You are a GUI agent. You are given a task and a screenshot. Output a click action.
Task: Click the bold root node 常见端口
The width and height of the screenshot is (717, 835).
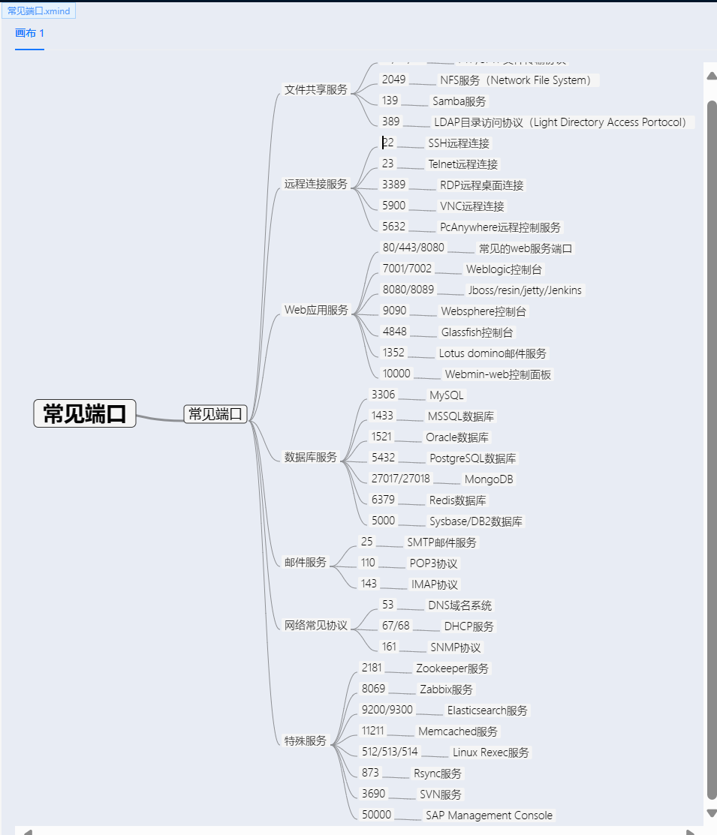click(x=85, y=413)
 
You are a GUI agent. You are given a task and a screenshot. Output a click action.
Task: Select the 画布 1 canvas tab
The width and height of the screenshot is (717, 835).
click(x=29, y=33)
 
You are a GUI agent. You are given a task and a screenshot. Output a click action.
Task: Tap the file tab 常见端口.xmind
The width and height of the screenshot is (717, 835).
click(x=39, y=11)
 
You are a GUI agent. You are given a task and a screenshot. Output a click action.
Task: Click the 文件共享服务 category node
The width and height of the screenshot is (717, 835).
click(x=316, y=89)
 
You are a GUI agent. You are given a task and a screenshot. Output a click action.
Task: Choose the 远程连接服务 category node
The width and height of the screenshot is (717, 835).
click(x=316, y=184)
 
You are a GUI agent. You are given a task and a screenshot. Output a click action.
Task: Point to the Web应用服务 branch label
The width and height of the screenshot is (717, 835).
click(x=316, y=310)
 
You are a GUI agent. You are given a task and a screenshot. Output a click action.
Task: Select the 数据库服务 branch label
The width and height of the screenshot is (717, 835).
click(x=311, y=457)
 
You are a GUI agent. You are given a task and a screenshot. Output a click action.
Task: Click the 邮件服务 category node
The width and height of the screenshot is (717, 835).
click(x=306, y=562)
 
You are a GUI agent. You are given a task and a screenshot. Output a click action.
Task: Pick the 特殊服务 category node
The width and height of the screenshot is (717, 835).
click(x=306, y=740)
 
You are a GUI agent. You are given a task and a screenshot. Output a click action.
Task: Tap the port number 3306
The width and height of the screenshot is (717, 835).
click(x=383, y=395)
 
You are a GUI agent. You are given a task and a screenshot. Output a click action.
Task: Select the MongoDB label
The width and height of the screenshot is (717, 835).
click(x=489, y=479)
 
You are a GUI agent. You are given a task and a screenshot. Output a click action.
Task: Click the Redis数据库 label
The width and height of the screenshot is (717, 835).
click(x=458, y=500)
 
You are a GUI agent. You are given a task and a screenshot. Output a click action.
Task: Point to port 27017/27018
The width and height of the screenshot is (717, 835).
click(x=401, y=479)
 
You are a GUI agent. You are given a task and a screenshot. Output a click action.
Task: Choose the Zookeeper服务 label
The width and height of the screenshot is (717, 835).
click(x=453, y=668)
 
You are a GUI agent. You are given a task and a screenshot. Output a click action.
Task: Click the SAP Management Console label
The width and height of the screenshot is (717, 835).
click(x=489, y=815)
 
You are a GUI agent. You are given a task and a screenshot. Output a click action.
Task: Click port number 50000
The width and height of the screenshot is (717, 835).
click(x=376, y=815)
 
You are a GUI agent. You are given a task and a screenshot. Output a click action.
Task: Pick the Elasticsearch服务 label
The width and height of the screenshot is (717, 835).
click(x=487, y=710)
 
